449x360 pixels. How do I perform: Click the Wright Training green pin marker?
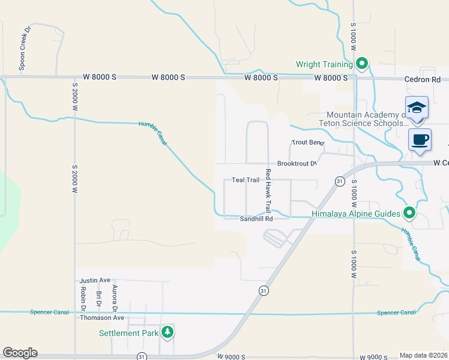[x=361, y=64]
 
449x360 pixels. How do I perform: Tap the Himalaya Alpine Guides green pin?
[x=409, y=212]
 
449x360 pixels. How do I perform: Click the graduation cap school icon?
[x=417, y=108]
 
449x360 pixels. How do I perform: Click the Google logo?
[x=20, y=353]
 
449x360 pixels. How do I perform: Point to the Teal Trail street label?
[x=245, y=180]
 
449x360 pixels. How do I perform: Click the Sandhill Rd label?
[x=256, y=219]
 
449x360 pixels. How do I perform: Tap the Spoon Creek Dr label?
[x=25, y=49]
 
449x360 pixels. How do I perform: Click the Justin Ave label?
[x=95, y=280]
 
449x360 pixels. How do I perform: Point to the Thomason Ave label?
[x=102, y=318]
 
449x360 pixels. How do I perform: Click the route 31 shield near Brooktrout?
[x=339, y=181]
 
